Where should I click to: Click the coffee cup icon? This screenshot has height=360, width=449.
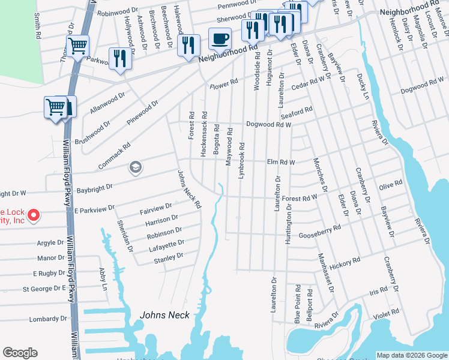click(x=220, y=40)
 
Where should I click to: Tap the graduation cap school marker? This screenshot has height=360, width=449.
click(x=135, y=167)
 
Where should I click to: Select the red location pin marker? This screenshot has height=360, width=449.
click(x=34, y=214)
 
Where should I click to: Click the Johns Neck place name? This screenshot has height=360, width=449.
click(x=164, y=315)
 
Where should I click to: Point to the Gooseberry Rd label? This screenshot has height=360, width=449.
click(x=320, y=232)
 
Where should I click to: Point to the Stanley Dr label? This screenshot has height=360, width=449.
click(x=168, y=257)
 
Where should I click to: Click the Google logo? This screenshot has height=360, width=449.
click(x=20, y=353)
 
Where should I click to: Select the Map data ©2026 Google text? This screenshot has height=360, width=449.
click(x=412, y=355)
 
